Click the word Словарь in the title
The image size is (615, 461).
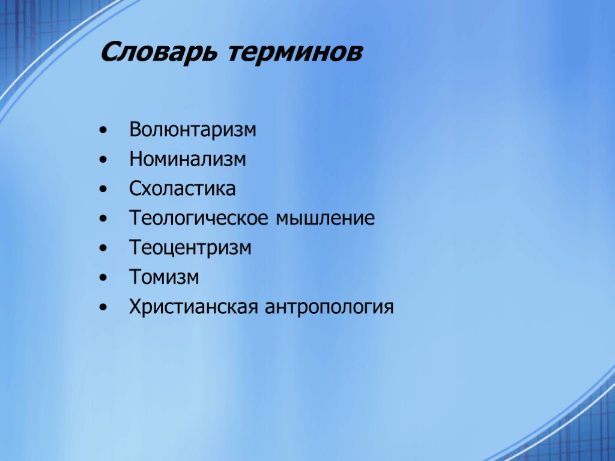pyautogui.click(x=158, y=52)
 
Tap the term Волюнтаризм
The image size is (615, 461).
pyautogui.click(x=193, y=130)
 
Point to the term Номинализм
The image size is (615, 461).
pyautogui.click(x=187, y=159)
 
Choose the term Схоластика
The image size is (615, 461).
pyautogui.click(x=183, y=188)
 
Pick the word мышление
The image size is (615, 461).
pyautogui.click(x=325, y=218)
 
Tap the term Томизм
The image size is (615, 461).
pyautogui.click(x=164, y=277)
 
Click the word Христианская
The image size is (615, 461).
pyautogui.click(x=194, y=307)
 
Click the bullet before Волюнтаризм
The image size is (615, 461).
pyautogui.click(x=103, y=130)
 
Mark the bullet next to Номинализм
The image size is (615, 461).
pyautogui.click(x=103, y=160)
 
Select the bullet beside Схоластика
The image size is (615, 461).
pyautogui.click(x=103, y=189)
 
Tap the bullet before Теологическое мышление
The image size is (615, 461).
pyautogui.click(x=103, y=218)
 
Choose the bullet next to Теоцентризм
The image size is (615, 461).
pyautogui.click(x=103, y=248)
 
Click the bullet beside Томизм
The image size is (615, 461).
pyautogui.click(x=103, y=277)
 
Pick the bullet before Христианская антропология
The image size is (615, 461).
pyautogui.click(x=103, y=307)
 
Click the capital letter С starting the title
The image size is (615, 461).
pyautogui.click(x=111, y=52)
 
